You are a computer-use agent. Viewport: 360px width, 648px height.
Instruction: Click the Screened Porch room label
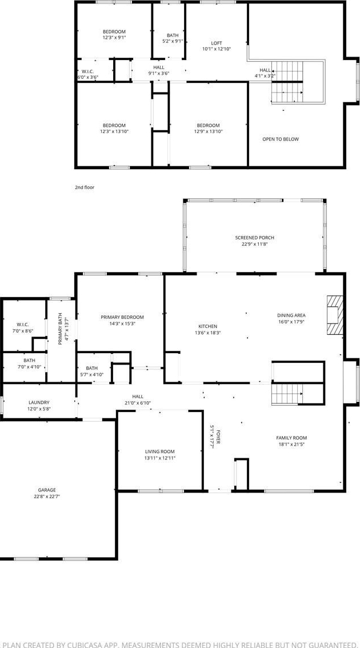[255, 238]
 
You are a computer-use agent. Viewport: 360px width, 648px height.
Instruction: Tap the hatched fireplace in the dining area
[335, 314]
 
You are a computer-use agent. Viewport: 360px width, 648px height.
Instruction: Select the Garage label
[47, 490]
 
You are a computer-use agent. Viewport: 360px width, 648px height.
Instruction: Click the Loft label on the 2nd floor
[217, 43]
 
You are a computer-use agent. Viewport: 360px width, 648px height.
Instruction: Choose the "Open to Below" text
[280, 139]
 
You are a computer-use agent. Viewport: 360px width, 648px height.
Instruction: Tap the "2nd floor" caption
[85, 187]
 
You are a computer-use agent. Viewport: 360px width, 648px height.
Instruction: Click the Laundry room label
[39, 402]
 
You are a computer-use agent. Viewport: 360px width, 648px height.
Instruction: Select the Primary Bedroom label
[122, 317]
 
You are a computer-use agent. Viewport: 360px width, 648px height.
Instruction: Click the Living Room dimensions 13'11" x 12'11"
[160, 458]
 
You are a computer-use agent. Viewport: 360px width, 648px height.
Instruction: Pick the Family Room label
[292, 438]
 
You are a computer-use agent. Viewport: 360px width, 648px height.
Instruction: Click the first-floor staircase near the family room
[287, 393]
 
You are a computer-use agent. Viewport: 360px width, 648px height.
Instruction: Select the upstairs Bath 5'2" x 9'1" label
[173, 38]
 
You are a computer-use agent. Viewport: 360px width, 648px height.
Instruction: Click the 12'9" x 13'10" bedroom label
[208, 128]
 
